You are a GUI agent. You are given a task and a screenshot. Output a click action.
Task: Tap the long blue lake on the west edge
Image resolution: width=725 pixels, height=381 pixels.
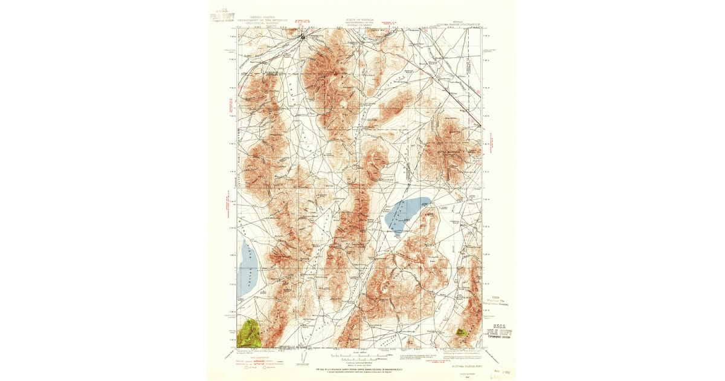pos(248,269)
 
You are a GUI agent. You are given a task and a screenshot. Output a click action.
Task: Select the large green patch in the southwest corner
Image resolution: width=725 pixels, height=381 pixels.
pos(249,333)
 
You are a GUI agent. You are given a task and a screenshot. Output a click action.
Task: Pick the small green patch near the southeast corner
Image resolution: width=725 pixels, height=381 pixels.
pos(462,332)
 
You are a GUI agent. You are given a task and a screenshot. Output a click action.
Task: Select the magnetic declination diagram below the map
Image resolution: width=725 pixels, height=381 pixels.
pos(304,358)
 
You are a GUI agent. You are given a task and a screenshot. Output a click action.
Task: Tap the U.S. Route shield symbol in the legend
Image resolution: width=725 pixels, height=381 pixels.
pos(246,367)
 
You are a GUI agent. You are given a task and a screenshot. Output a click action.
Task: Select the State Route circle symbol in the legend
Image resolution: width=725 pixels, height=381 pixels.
pos(265,367)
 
